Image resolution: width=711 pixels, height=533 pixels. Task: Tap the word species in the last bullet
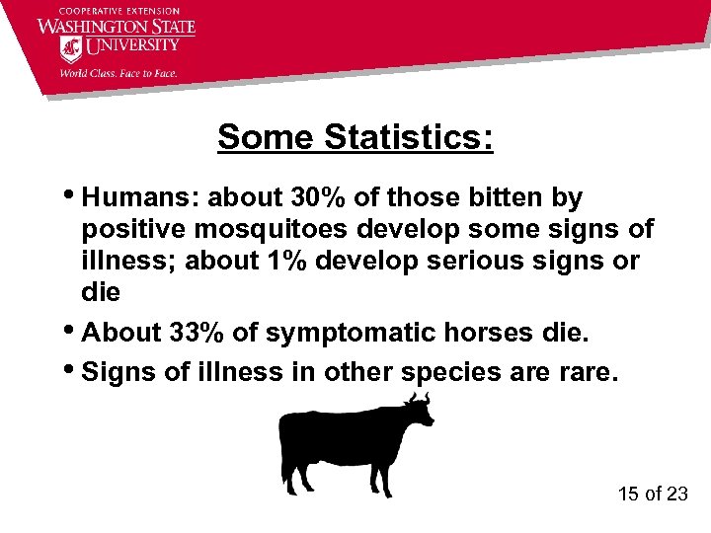coord(472,372)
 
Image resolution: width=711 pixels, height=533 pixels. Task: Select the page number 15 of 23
coord(652,494)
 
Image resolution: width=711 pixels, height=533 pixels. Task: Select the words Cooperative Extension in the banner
coord(116,9)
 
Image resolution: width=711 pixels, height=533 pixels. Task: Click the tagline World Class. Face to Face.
coord(118,71)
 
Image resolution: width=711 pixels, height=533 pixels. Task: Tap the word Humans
coord(137,197)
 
